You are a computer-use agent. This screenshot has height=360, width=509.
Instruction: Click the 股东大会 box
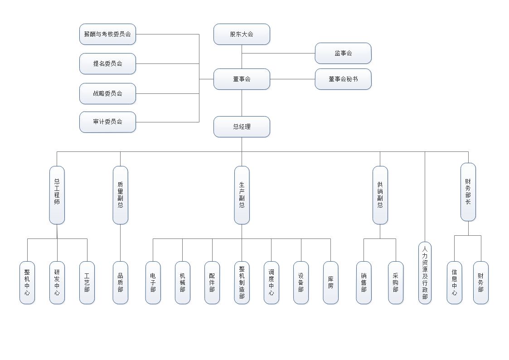pos(242,34)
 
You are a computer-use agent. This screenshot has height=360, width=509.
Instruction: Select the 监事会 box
pos(343,54)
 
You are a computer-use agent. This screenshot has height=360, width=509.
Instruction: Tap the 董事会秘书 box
pos(343,79)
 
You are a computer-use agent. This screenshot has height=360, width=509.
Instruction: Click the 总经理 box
pos(242,127)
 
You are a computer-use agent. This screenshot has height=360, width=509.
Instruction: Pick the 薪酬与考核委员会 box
pos(108,34)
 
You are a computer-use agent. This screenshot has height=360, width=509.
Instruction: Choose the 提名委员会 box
pos(108,64)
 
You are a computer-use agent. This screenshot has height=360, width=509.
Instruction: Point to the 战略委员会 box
pos(108,94)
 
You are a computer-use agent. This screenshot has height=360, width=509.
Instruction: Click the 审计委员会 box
pos(108,122)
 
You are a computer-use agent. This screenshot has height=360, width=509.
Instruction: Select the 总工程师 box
pos(57,195)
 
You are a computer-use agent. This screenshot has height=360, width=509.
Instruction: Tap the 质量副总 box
pos(121,195)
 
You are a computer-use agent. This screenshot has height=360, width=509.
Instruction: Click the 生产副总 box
pos(242,195)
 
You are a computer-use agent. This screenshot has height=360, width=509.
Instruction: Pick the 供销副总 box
pos(380,195)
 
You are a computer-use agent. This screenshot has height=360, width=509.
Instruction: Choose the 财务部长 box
pos(468,192)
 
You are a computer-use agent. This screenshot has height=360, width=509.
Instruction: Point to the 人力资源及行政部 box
pos(425,273)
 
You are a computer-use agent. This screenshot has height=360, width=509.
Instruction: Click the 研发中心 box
pos(57,282)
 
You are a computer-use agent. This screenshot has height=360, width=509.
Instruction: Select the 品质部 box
pos(121,282)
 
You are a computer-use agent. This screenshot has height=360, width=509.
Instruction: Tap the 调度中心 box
pos(271,282)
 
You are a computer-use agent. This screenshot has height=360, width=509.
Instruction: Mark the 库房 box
pos(331,282)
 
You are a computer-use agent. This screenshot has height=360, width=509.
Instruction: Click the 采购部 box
pos(396,282)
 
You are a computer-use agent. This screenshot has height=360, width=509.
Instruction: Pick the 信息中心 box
pos(455,282)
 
